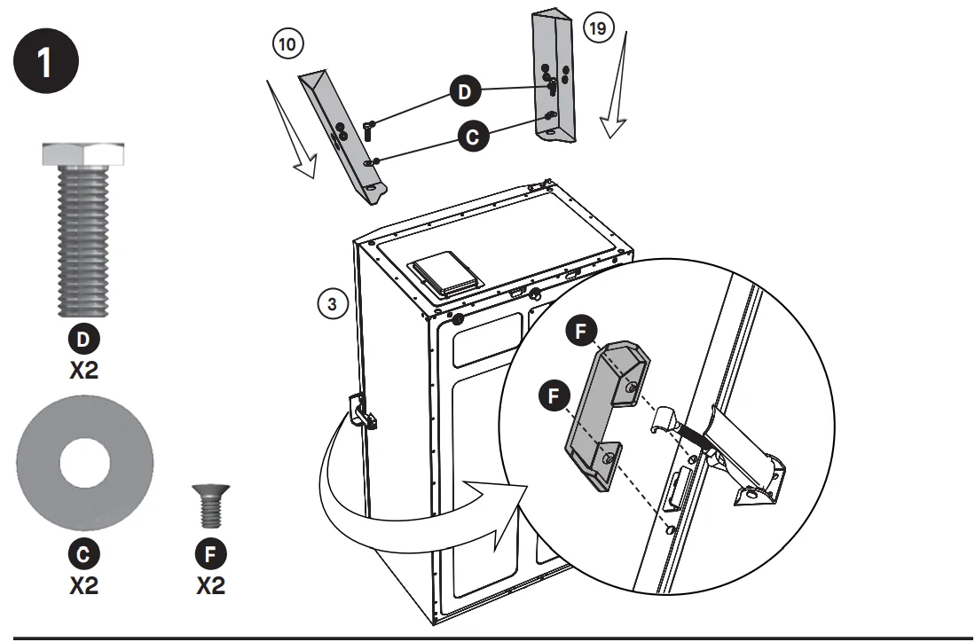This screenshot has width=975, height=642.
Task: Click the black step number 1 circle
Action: [46, 61]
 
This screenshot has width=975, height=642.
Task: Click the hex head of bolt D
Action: [83, 154]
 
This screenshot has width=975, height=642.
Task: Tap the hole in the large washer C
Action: [84, 463]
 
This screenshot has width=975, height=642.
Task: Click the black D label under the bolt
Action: [83, 340]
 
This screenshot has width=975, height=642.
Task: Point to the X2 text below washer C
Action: [84, 585]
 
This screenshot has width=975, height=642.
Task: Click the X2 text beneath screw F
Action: [211, 585]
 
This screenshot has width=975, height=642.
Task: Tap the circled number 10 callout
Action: [288, 44]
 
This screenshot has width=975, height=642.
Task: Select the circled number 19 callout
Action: [598, 28]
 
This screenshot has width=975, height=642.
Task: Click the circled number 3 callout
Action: [333, 304]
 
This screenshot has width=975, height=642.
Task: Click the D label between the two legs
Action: [465, 91]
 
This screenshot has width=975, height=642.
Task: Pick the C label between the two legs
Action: [473, 136]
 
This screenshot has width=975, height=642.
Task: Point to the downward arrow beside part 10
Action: [292, 129]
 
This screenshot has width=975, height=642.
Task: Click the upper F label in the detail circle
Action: [581, 331]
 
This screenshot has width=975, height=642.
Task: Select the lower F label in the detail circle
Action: [554, 395]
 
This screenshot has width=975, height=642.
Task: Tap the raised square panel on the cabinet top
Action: [446, 273]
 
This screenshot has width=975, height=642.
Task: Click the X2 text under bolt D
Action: [84, 371]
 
